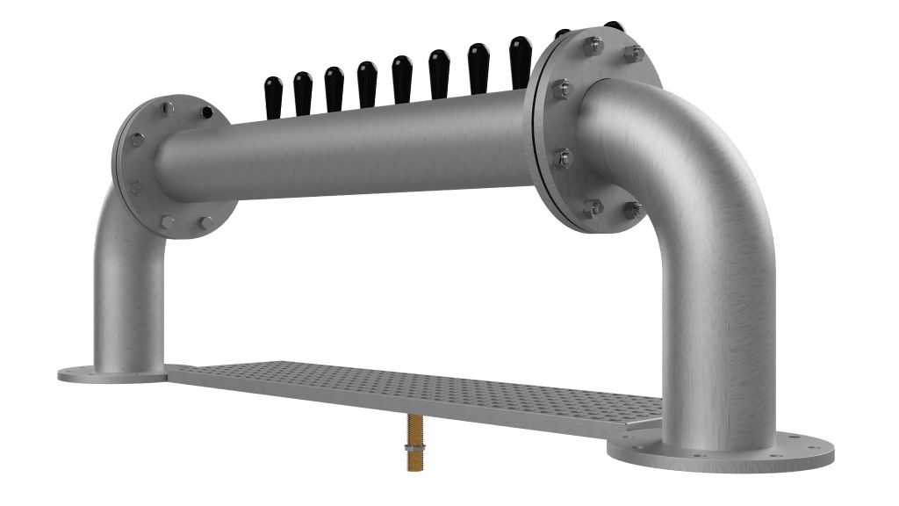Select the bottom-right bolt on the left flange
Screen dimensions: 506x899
click(203, 221)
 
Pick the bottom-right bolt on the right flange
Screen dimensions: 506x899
click(631, 209)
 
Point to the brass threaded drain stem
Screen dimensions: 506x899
click(412, 430)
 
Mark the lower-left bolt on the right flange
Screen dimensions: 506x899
click(593, 207)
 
